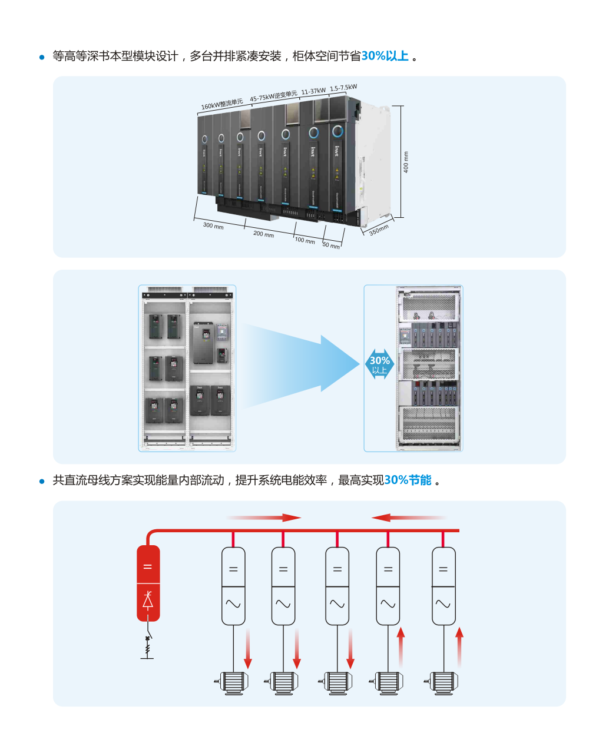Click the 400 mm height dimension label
click(x=406, y=162)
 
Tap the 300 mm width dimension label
click(x=213, y=225)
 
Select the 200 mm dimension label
click(x=263, y=234)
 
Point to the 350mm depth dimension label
click(x=379, y=230)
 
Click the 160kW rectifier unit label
click(x=222, y=104)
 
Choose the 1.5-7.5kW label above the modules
click(x=343, y=88)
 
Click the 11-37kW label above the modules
click(x=313, y=91)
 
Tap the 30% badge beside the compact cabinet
click(x=379, y=365)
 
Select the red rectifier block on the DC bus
click(x=148, y=583)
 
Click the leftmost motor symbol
click(x=231, y=682)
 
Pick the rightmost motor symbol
click(x=441, y=683)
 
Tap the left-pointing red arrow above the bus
click(x=408, y=518)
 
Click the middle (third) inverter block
click(x=337, y=586)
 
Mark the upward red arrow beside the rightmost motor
click(x=459, y=648)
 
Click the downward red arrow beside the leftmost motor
click(x=248, y=648)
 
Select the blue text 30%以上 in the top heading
click(x=385, y=56)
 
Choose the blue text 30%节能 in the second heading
click(x=408, y=480)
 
